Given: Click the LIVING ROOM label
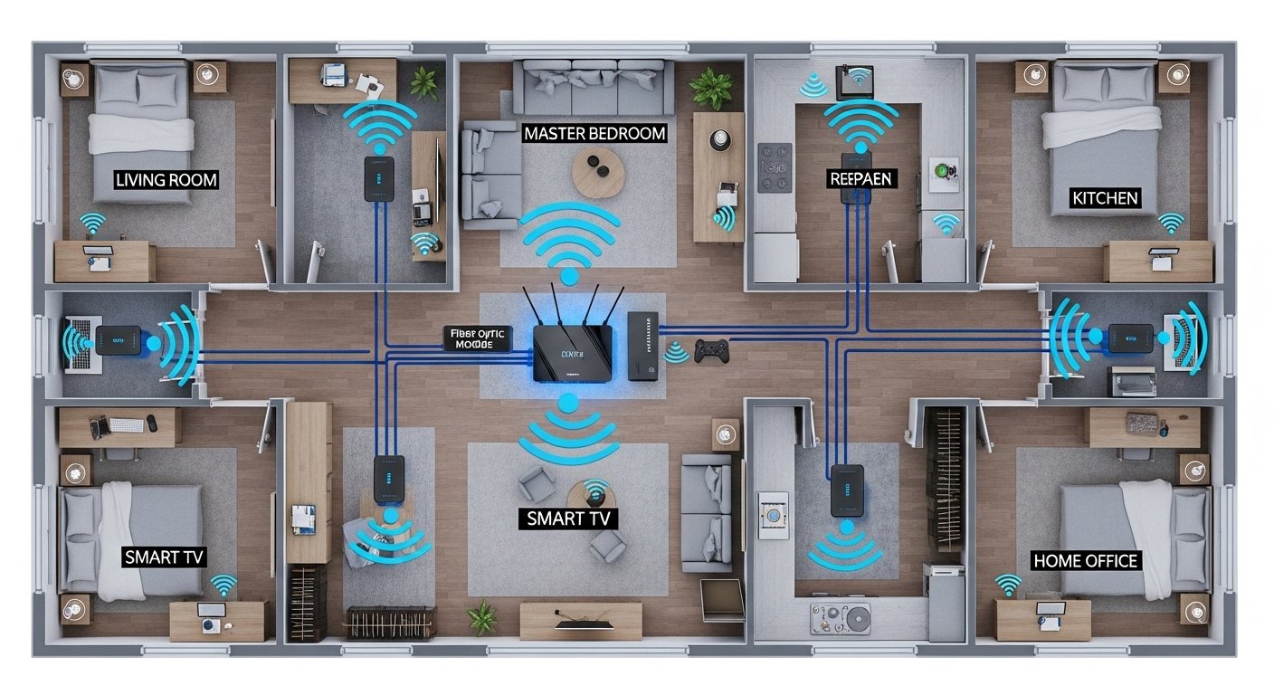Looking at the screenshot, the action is tap(166, 179).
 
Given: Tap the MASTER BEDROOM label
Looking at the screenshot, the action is tap(594, 133).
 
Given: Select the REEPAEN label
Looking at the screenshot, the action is tap(860, 178).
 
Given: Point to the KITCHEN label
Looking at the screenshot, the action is tap(1104, 196).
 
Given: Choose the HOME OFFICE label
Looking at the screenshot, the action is tap(1085, 561).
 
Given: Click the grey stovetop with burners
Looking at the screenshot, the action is tap(775, 168).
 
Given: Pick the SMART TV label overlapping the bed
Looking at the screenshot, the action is tap(164, 556).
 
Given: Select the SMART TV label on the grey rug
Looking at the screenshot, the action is tap(569, 519).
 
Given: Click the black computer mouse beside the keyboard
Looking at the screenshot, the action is tap(152, 423).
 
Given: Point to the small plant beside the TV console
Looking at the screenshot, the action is tap(482, 617).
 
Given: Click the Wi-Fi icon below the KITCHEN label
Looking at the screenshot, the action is tap(1171, 223).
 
